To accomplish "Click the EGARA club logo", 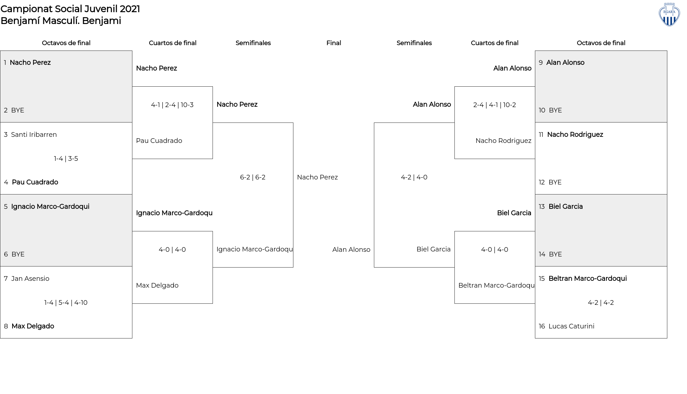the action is tap(669, 14).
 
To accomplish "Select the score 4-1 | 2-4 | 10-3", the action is tap(172, 105).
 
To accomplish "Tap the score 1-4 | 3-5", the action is tap(66, 159).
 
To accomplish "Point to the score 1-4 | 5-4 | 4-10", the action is tap(66, 303).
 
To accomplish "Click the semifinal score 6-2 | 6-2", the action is tap(253, 177).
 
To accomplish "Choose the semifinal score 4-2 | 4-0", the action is tap(414, 177).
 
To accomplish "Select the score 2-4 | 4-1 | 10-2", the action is tap(494, 105).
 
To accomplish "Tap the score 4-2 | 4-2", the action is tap(601, 303).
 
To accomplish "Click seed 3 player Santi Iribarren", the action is tap(34, 135).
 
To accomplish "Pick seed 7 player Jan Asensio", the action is tap(30, 279).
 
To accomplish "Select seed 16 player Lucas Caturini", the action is tap(571, 326).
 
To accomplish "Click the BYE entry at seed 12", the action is tap(555, 182).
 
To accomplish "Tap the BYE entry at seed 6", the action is tap(18, 254).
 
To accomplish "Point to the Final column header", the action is tap(333, 43).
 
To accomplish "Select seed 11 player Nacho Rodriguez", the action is tap(575, 135).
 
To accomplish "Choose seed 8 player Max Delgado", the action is tap(33, 326).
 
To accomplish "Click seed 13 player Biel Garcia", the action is tap(566, 207).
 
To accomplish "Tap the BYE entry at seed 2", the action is tap(18, 110).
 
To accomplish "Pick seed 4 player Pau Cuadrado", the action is tap(35, 182).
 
